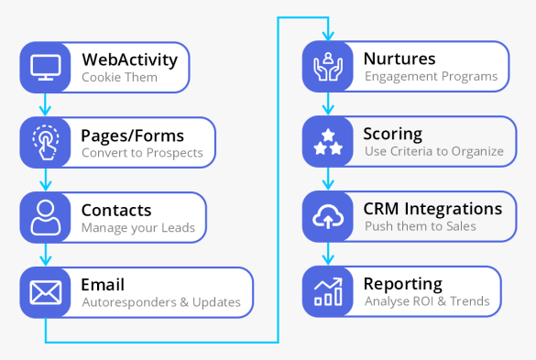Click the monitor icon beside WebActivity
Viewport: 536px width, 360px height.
click(45, 67)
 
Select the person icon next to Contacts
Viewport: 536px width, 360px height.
click(45, 217)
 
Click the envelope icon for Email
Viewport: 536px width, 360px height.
click(45, 292)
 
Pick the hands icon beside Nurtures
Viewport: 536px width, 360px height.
click(328, 67)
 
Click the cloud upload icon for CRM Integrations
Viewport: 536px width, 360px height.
click(328, 217)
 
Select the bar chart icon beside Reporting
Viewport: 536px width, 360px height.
click(328, 292)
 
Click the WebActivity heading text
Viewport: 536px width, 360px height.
click(129, 60)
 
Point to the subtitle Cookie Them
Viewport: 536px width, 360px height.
click(119, 77)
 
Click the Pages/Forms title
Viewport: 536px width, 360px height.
click(133, 135)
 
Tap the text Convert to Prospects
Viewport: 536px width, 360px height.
click(142, 152)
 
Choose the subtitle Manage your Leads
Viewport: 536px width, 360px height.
click(137, 227)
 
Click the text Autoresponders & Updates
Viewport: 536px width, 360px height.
click(160, 302)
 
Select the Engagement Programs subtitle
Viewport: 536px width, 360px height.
click(431, 77)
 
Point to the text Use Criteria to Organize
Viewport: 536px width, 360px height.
click(433, 152)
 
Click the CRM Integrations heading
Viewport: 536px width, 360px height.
click(432, 209)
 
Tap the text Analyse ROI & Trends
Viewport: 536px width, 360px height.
click(426, 302)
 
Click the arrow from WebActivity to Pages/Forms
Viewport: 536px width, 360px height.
click(45, 104)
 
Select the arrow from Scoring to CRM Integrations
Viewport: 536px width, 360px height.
click(328, 180)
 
